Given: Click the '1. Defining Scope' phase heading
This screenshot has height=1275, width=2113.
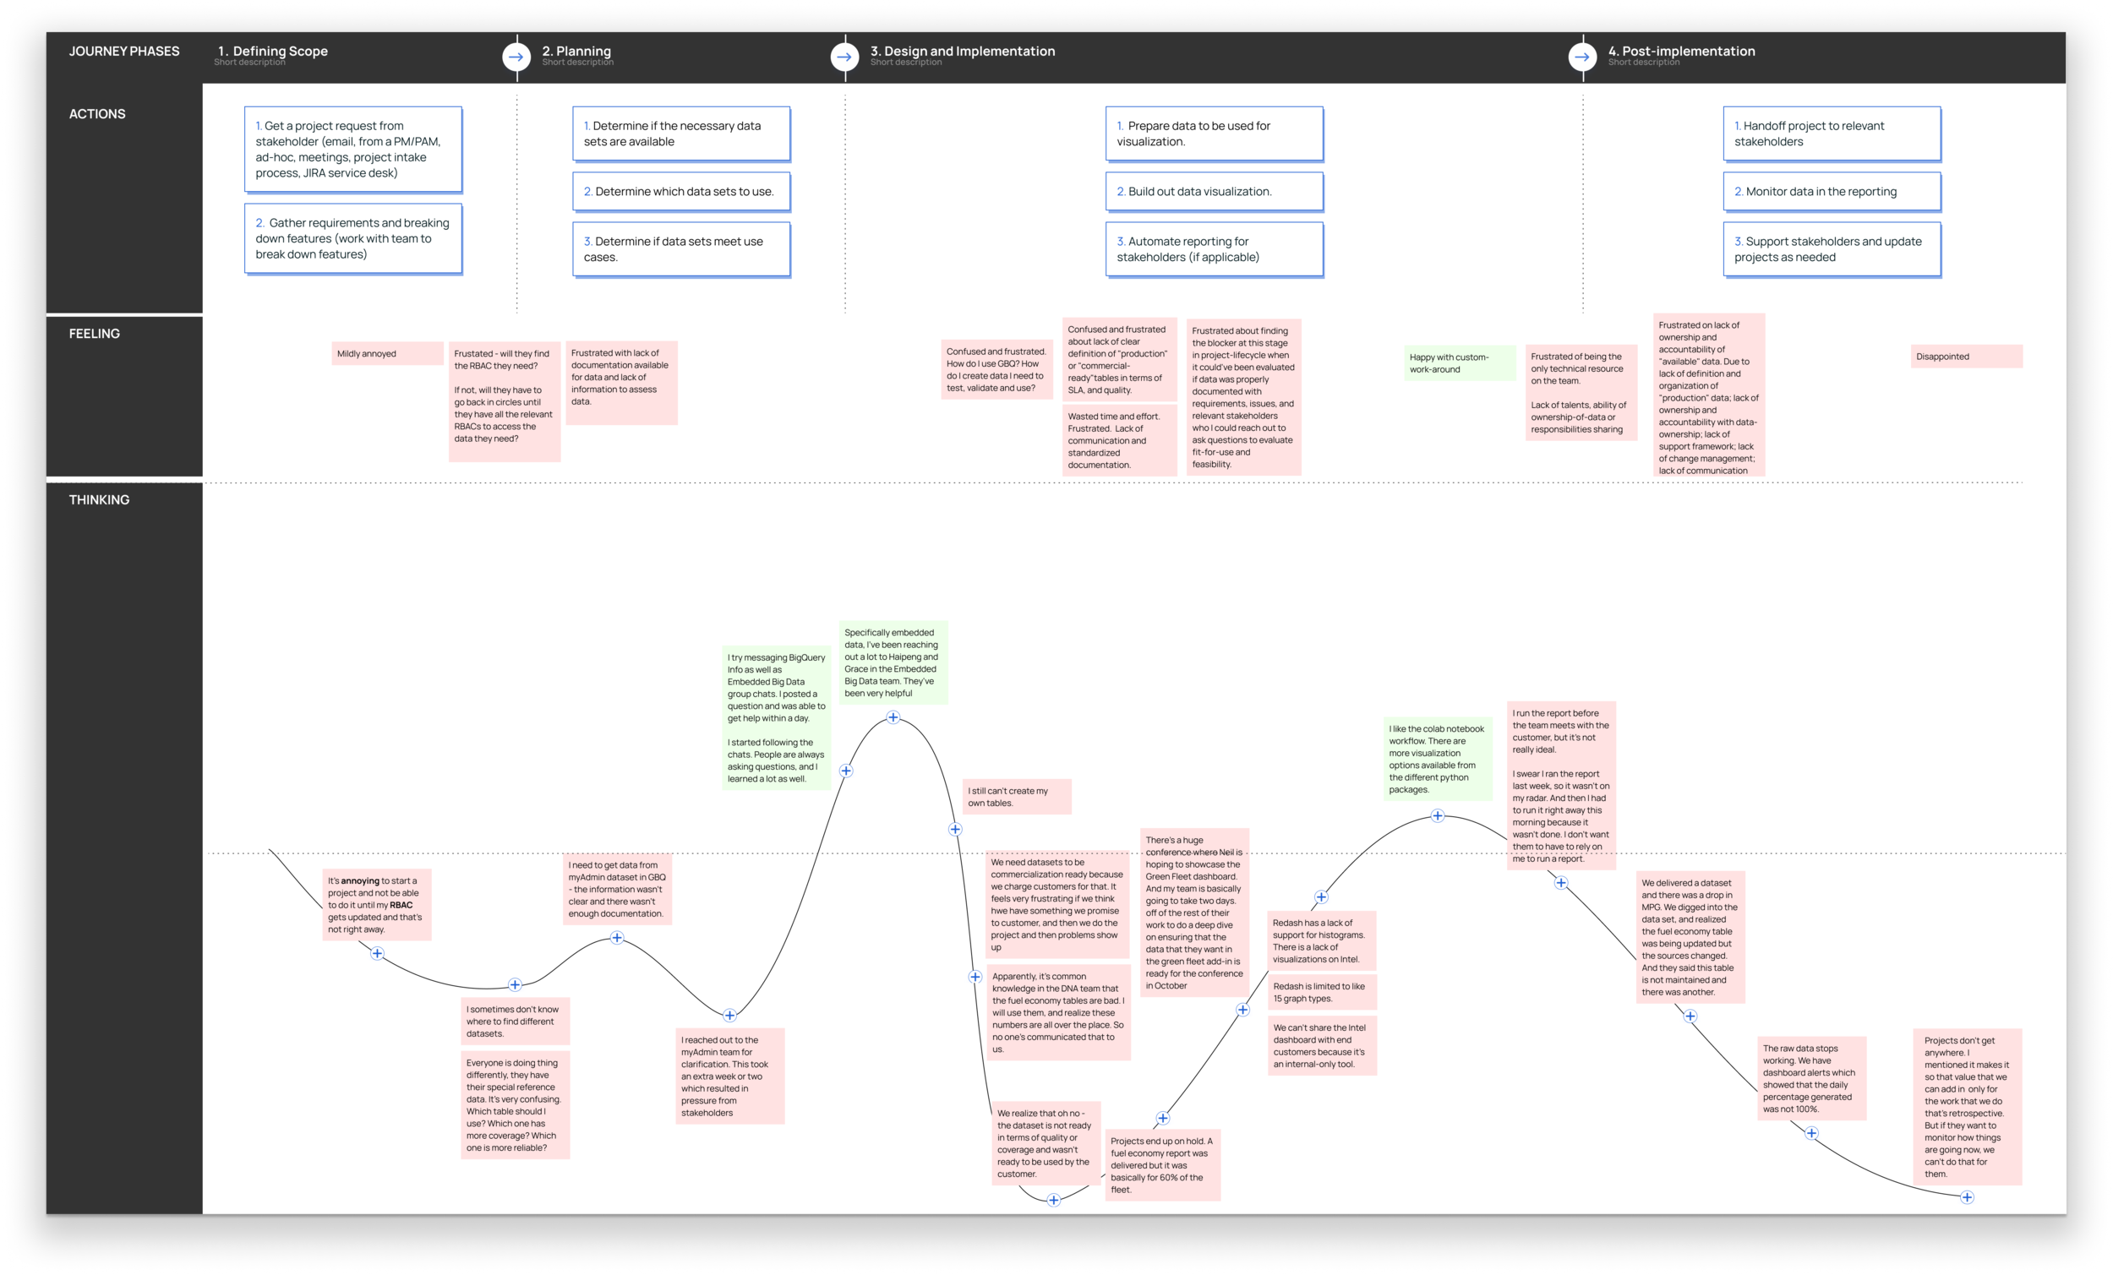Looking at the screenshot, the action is (273, 52).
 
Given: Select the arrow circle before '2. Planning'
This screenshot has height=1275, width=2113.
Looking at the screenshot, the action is (516, 57).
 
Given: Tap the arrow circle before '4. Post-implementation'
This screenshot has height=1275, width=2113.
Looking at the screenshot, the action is (1582, 57).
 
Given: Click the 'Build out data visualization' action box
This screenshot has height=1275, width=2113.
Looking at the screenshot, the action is (1214, 192).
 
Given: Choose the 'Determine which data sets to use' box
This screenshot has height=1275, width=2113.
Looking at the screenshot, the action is (681, 192).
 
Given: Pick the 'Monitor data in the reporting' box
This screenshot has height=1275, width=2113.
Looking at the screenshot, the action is (1831, 192).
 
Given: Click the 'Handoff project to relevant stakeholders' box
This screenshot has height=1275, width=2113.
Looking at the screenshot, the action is (1831, 133).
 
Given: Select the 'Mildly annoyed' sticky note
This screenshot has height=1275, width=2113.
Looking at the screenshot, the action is (386, 354).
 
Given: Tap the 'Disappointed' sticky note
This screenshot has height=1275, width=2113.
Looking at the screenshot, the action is (1965, 357).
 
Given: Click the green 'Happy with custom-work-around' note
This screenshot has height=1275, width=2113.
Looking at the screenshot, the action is (1459, 363).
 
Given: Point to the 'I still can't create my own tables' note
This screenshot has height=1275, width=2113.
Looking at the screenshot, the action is (1016, 798).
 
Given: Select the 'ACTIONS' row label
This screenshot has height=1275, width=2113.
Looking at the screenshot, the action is (97, 114).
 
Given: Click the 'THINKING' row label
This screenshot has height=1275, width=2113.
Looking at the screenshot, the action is (100, 500).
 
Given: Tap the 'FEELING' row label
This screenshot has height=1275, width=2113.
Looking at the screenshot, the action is (95, 334).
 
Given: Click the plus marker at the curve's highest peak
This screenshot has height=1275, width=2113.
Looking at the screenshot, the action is (893, 717).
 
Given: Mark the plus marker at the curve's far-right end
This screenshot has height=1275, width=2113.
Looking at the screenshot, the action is (1968, 1197).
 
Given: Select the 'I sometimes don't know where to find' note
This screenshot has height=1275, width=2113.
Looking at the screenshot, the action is (516, 1022).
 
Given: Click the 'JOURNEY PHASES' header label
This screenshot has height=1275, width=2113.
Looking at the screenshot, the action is (124, 52).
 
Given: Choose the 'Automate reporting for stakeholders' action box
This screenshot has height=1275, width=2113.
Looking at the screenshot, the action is (1214, 249).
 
